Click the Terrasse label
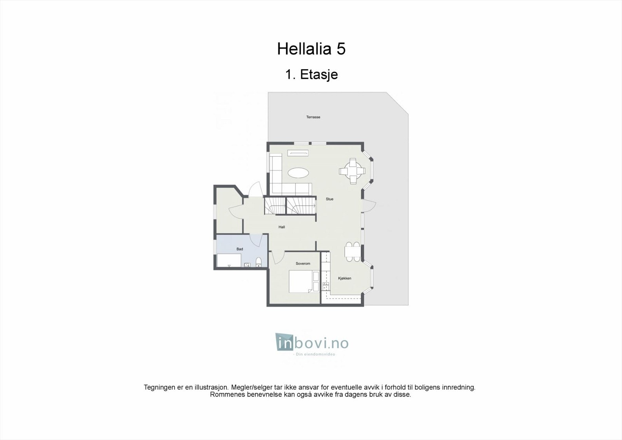tap(313, 117)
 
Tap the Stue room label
tap(329, 199)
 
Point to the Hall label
tap(281, 227)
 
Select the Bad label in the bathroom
tap(239, 249)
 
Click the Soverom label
tap(303, 264)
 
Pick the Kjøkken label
tap(344, 278)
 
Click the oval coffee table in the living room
tap(299, 173)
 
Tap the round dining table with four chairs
tap(353, 171)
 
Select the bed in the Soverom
tap(301, 281)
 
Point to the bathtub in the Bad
tap(229, 260)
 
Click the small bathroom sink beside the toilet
tap(247, 265)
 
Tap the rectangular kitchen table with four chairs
tap(353, 251)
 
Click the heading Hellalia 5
tap(311, 49)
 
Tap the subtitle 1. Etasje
tap(311, 74)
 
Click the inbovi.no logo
tap(312, 344)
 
